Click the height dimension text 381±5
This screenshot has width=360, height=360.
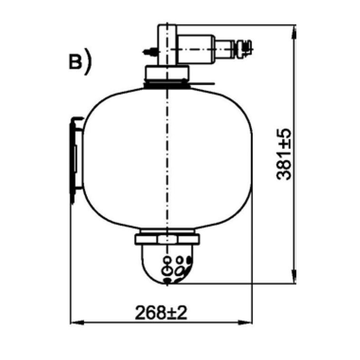click(284, 154)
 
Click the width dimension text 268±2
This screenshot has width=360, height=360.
click(161, 313)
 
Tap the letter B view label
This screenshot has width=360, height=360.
click(76, 62)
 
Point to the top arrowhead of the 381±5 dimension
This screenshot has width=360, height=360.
click(294, 32)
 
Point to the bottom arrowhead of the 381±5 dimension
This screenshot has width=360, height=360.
click(294, 276)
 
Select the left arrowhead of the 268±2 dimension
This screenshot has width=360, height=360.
click(77, 322)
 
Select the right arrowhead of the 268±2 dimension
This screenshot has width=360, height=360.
click(245, 322)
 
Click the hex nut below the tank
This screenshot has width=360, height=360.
click(167, 239)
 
